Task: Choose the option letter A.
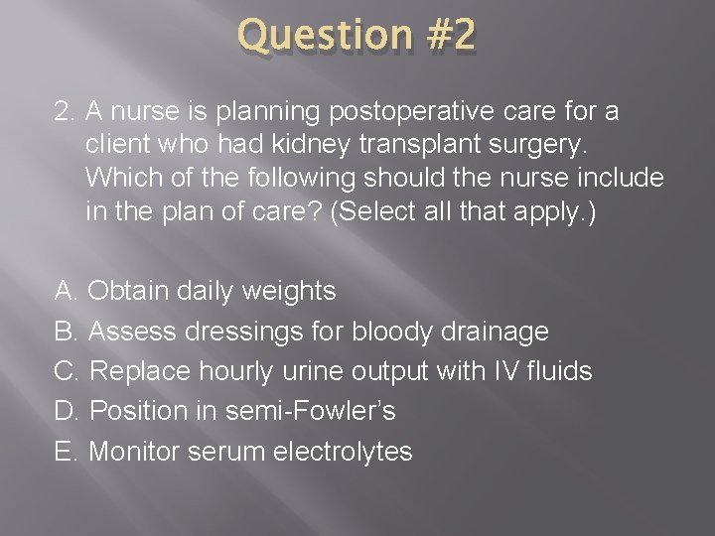click(x=66, y=291)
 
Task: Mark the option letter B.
click(x=66, y=331)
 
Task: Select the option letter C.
click(x=66, y=371)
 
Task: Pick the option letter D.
click(x=66, y=411)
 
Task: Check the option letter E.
click(x=66, y=452)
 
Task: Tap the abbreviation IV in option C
click(x=503, y=371)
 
